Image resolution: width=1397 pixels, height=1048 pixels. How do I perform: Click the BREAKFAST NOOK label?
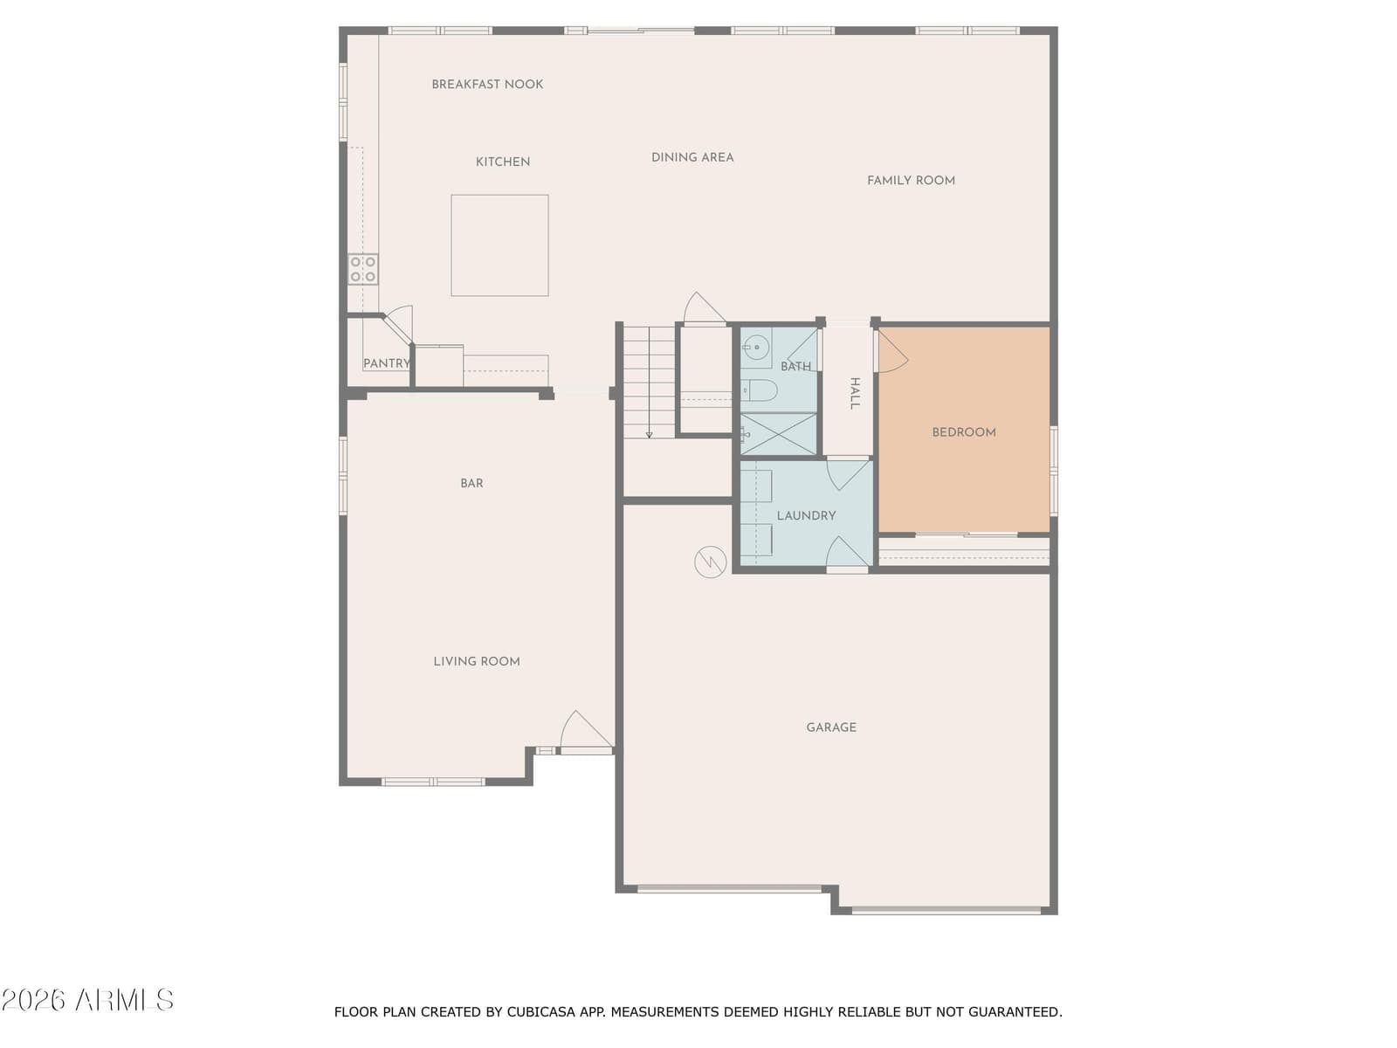[x=487, y=84]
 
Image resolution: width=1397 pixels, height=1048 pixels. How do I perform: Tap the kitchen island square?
[x=499, y=245]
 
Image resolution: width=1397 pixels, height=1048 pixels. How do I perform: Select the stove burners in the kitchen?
[x=362, y=269]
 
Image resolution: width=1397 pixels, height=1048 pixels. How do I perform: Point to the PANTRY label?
[x=386, y=363]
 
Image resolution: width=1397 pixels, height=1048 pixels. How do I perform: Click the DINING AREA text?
[x=692, y=157]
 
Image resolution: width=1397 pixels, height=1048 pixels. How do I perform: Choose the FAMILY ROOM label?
[x=911, y=181]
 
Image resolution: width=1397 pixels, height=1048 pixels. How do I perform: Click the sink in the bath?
[x=756, y=348]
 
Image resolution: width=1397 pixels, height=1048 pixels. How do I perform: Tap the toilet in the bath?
[x=760, y=390]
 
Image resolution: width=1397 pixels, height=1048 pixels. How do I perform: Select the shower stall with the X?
[x=778, y=434]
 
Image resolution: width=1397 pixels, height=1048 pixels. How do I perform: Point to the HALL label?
[x=855, y=393]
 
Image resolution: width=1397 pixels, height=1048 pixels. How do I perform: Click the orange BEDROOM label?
[x=964, y=432]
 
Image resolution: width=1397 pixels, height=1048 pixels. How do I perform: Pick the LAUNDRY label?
[x=806, y=515]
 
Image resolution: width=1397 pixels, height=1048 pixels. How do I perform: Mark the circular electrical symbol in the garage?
[x=710, y=562]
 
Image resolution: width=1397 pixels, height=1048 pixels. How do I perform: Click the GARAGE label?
[x=830, y=727]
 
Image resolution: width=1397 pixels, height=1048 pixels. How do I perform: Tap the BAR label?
[x=471, y=484]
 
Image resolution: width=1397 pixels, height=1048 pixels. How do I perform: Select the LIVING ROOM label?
[x=477, y=662]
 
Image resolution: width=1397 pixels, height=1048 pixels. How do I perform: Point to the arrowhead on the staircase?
[x=650, y=435]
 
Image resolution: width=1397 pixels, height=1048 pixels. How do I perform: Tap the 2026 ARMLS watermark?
[x=87, y=1000]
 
